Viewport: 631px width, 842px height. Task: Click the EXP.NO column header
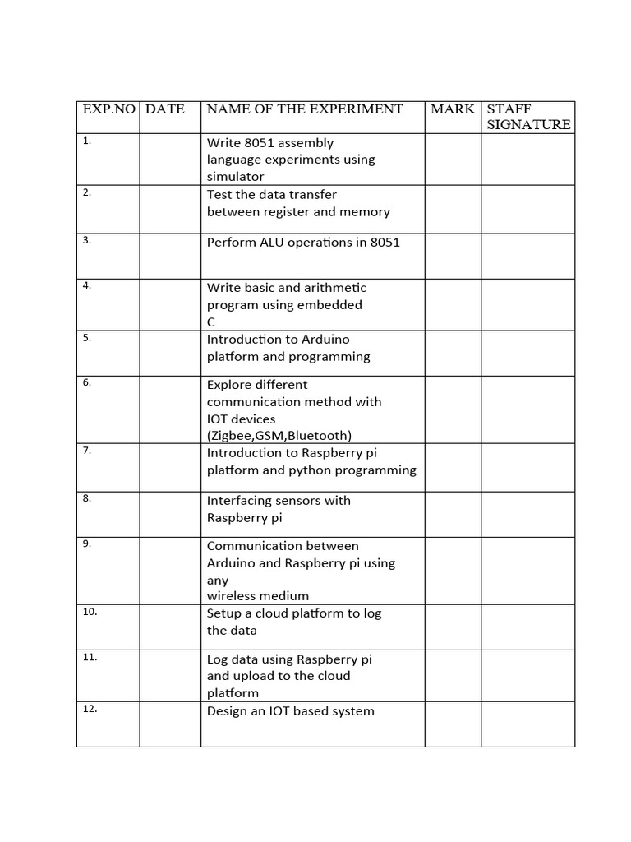coord(108,109)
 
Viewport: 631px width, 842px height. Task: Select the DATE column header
coord(164,109)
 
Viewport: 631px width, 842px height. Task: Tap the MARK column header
coord(453,109)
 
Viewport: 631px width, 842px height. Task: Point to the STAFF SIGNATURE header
coord(528,117)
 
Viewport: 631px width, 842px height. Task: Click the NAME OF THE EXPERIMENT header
coord(305,109)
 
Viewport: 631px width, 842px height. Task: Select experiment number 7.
coord(87,451)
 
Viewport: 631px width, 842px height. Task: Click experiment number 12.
coord(90,709)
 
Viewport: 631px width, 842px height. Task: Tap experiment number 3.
coord(87,240)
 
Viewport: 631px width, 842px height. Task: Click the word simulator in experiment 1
coord(236,177)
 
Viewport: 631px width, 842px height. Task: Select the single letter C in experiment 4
coord(211,322)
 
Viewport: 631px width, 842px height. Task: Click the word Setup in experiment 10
coord(224,613)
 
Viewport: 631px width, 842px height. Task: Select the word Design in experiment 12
coord(227,711)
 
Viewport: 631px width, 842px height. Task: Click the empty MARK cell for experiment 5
coord(453,353)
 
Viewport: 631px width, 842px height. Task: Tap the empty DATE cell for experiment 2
coord(170,209)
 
